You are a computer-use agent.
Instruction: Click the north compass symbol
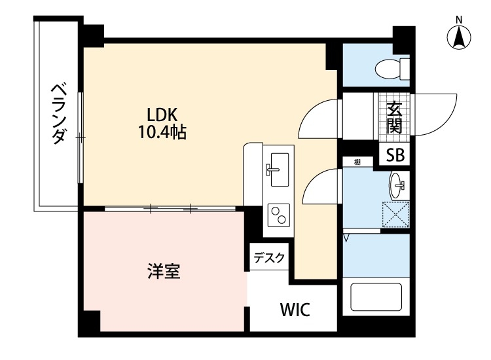click(460, 37)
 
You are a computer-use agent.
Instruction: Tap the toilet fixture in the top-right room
click(393, 67)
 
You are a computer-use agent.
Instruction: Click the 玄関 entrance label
click(394, 118)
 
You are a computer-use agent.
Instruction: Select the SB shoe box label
click(395, 156)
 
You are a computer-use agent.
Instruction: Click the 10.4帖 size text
click(162, 132)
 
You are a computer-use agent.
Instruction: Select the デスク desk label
click(269, 258)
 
